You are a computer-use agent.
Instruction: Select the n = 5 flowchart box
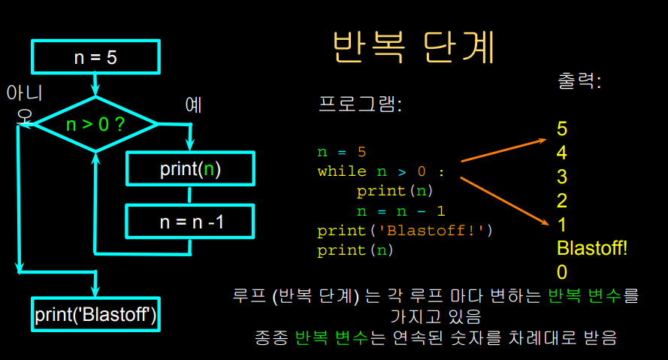coord(95,57)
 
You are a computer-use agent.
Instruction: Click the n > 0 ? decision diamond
coord(95,124)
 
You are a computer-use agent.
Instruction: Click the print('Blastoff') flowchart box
coord(96,314)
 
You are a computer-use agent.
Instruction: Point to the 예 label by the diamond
coord(194,105)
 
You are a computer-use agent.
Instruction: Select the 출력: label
coord(579,80)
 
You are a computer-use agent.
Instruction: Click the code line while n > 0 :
coord(381,171)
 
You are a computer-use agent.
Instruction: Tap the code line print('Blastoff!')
coord(404,230)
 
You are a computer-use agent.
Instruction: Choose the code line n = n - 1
coord(400,210)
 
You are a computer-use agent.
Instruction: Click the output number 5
coord(562,129)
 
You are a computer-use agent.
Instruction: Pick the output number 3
coord(562,177)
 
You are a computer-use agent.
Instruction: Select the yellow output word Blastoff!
coord(592,248)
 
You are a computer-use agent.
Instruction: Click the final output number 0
coord(562,272)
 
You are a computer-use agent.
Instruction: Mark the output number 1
coord(562,225)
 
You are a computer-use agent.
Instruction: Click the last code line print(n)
coord(355,250)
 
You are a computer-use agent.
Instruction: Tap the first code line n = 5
coord(341,152)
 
